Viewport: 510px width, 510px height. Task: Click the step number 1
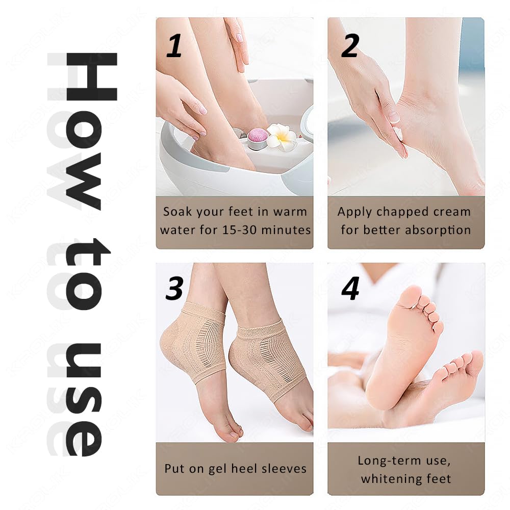[x=174, y=45]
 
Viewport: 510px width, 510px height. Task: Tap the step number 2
[x=350, y=45]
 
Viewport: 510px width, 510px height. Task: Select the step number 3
[x=174, y=288]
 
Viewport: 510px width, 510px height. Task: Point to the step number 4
[x=350, y=288]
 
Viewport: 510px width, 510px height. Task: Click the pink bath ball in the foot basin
[x=258, y=137]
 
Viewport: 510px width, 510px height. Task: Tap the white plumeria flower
[x=282, y=136]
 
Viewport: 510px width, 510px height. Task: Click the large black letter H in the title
[x=91, y=76]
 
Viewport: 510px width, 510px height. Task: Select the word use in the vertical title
[x=84, y=400]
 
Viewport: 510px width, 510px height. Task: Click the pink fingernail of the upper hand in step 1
[x=239, y=38]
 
